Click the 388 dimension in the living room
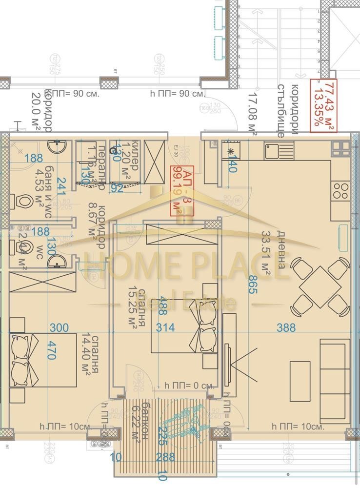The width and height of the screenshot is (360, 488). pyautogui.click(x=286, y=328)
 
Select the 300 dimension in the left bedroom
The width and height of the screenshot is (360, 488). pyautogui.click(x=59, y=328)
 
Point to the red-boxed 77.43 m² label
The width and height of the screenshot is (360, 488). pyautogui.click(x=323, y=105)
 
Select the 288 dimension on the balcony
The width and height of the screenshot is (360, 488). pyautogui.click(x=166, y=457)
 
